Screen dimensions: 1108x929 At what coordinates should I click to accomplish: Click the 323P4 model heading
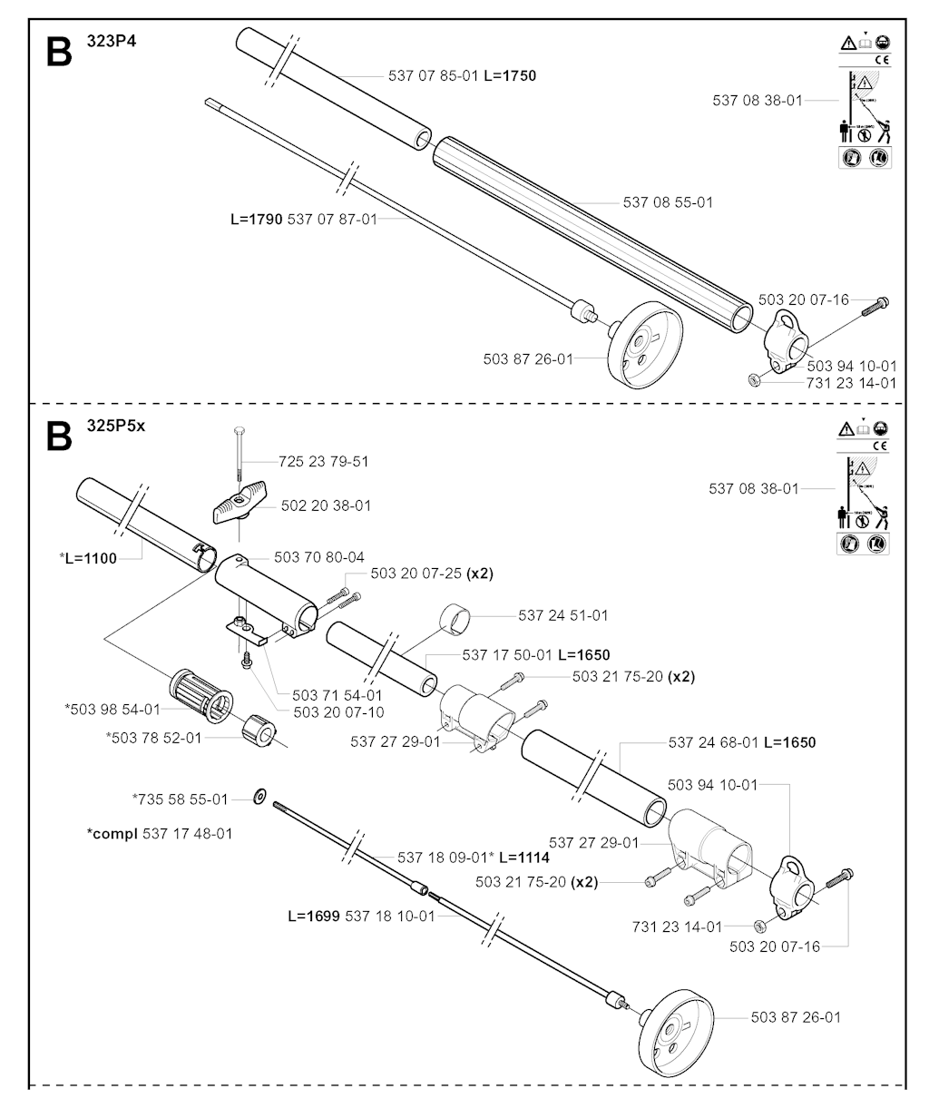(105, 41)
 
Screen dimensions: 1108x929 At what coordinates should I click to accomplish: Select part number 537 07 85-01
(433, 76)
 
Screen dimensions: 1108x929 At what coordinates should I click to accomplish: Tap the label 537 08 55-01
(668, 202)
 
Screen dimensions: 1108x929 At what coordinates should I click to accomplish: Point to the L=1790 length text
(257, 219)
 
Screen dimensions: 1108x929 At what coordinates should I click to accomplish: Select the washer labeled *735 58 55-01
(259, 798)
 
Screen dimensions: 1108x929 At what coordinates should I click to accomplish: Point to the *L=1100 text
(88, 558)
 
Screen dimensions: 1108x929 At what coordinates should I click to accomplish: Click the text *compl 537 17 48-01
(159, 833)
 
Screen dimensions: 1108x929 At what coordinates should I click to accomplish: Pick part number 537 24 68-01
(712, 742)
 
